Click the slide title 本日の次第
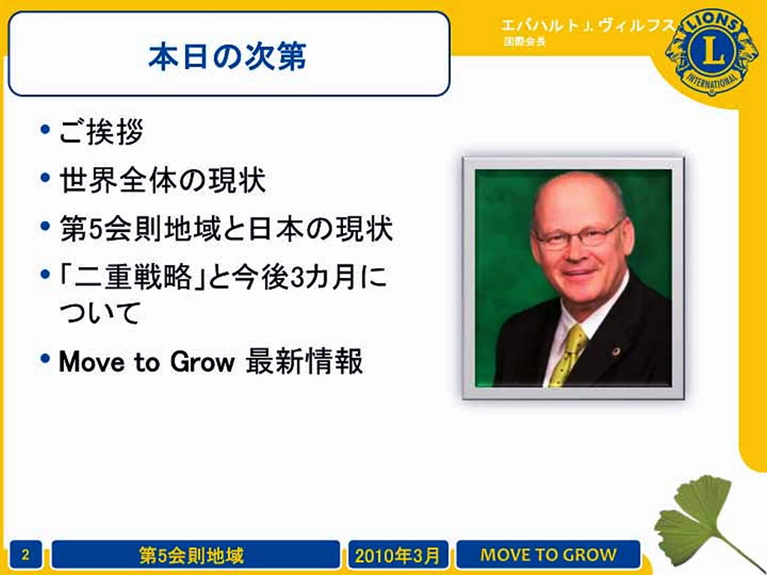point(227,57)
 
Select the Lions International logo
point(712,52)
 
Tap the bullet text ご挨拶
point(101,132)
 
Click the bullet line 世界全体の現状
point(163,180)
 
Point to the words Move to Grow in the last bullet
point(146,362)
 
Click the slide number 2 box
point(25,555)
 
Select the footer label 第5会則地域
point(192,556)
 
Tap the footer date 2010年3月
point(398,556)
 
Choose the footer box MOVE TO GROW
point(548,555)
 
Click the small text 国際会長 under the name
point(524,42)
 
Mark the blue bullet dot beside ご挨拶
point(46,129)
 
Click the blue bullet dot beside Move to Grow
point(46,359)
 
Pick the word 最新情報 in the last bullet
point(304,362)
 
